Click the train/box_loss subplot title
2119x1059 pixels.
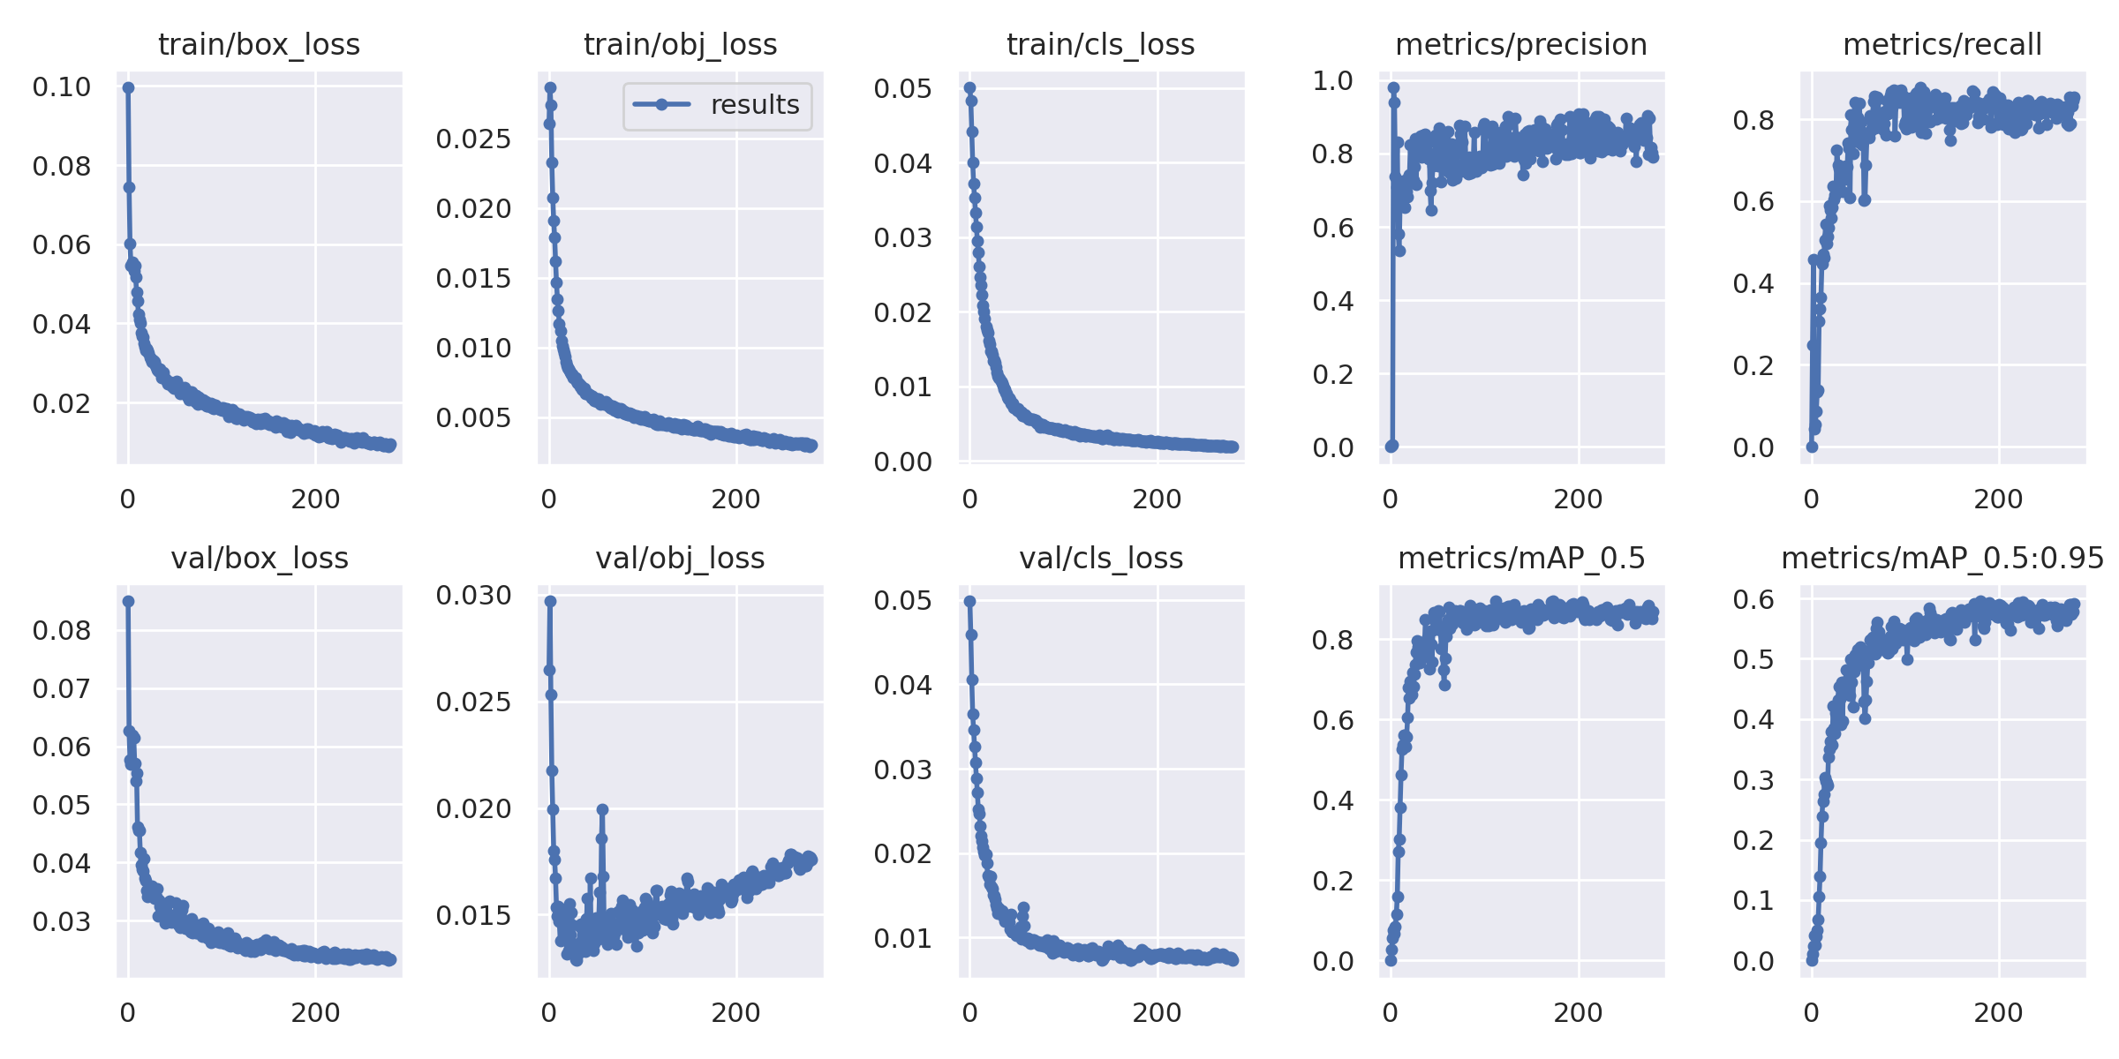point(259,45)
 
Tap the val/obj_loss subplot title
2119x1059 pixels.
point(680,559)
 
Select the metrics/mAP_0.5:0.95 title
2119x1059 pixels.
point(1942,559)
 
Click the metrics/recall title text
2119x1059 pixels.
point(1942,45)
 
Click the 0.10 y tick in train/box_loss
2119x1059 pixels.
point(62,87)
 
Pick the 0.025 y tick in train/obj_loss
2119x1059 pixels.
point(473,139)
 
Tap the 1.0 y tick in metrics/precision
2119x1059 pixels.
point(1332,81)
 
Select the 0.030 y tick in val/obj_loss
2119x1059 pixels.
point(473,596)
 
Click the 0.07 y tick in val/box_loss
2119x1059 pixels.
point(62,688)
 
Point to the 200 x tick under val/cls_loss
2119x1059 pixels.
point(1157,1013)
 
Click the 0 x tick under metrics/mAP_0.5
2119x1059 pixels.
point(1391,1013)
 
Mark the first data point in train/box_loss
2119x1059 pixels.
point(129,87)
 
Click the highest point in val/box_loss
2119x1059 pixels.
point(129,601)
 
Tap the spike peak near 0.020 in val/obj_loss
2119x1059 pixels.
point(602,809)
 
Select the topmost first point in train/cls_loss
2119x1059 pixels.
point(969,87)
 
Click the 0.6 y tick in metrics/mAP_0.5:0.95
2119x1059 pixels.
point(1753,600)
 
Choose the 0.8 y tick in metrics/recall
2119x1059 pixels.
point(1753,120)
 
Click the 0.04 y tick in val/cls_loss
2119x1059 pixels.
point(902,686)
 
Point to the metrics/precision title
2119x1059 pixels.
point(1520,45)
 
